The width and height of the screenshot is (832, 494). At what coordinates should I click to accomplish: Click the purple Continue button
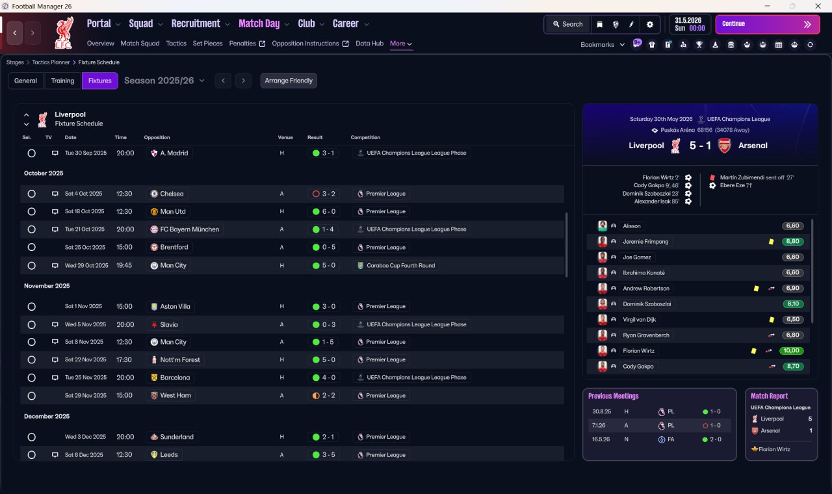(768, 24)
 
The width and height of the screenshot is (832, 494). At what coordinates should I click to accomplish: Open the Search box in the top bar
(568, 24)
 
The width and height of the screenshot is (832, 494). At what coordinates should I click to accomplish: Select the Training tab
(62, 81)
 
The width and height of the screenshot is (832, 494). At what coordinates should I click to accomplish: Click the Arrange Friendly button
(289, 81)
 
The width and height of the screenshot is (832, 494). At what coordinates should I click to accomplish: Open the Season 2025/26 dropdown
(164, 81)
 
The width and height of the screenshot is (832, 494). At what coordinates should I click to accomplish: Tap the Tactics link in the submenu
(176, 44)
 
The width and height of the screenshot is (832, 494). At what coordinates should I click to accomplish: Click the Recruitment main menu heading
(196, 24)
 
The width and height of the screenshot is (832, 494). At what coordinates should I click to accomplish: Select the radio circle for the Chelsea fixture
(32, 194)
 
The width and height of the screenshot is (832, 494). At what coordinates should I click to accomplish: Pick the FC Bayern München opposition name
(189, 229)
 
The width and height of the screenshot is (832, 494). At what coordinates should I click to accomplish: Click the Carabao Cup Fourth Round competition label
(401, 266)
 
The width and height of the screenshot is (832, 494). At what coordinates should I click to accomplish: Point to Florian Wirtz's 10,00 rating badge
(791, 350)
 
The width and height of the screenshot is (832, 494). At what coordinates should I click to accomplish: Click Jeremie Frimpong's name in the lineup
(645, 242)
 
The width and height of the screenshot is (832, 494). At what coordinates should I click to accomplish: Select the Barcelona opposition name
(175, 378)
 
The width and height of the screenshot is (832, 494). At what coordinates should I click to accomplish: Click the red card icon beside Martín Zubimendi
(712, 177)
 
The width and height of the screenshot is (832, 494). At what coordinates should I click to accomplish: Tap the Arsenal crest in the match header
(724, 146)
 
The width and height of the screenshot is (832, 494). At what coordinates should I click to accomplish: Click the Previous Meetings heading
(613, 396)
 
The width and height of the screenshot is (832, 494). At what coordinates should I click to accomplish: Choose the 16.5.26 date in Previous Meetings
(601, 439)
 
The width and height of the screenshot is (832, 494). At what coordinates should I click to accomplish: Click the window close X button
(818, 6)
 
